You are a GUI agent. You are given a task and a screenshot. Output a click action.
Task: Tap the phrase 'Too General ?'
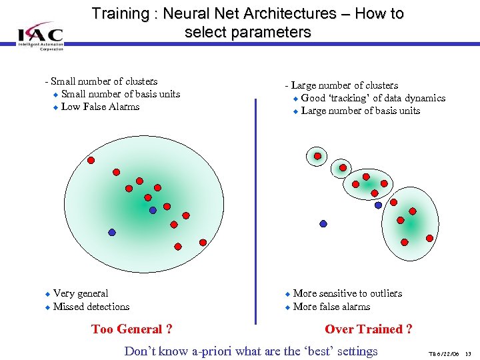pyautogui.click(x=131, y=329)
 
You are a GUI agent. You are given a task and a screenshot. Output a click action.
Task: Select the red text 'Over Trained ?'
pyautogui.click(x=369, y=329)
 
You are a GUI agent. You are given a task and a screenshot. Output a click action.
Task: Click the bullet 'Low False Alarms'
pyautogui.click(x=100, y=107)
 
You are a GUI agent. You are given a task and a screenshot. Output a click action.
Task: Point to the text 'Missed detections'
pyautogui.click(x=91, y=307)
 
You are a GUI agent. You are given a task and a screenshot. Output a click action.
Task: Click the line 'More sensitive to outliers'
pyautogui.click(x=347, y=293)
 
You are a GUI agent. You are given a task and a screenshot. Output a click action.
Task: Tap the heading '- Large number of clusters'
pyautogui.click(x=341, y=85)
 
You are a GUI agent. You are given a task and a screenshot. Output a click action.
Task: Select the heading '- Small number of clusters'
pyautogui.click(x=101, y=81)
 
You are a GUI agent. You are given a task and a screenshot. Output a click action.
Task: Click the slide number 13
pyautogui.click(x=468, y=353)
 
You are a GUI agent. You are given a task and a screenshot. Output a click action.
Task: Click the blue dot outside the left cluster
pyautogui.click(x=112, y=232)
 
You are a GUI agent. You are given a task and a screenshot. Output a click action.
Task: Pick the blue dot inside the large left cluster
pyautogui.click(x=153, y=210)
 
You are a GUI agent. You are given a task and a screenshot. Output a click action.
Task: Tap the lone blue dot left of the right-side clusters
pyautogui.click(x=323, y=224)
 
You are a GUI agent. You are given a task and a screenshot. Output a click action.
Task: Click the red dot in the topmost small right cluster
pyautogui.click(x=317, y=157)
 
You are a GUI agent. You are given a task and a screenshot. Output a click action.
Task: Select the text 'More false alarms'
pyautogui.click(x=331, y=307)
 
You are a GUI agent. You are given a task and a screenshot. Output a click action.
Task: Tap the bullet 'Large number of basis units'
pyautogui.click(x=361, y=111)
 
